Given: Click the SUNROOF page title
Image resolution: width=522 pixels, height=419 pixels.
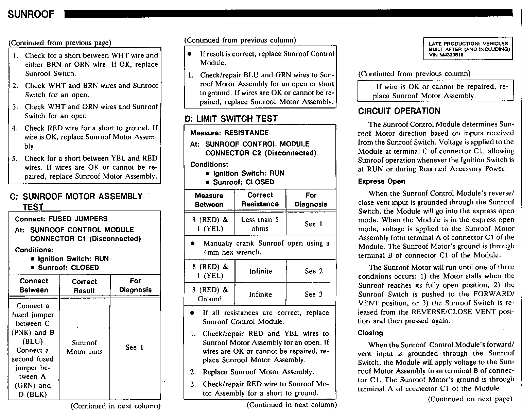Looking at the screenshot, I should click(31, 14).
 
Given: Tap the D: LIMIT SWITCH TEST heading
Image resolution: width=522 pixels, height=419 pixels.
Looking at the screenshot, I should click(231, 119).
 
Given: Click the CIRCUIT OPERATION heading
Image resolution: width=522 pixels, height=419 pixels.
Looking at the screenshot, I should click(399, 111).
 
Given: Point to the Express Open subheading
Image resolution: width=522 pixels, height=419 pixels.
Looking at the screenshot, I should click(381, 181).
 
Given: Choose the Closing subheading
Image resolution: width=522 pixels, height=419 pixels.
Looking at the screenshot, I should click(370, 333).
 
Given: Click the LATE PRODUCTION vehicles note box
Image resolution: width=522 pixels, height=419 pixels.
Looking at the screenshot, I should click(468, 49).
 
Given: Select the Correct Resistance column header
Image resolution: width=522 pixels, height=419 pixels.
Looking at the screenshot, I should click(260, 200).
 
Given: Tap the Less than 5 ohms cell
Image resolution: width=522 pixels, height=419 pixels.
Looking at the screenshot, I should click(260, 224).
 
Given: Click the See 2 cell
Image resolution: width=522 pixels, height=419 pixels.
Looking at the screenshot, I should click(313, 271).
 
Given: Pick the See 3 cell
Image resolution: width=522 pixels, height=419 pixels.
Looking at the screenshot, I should click(313, 294).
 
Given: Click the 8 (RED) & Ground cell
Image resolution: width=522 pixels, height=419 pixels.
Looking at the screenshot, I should click(209, 294).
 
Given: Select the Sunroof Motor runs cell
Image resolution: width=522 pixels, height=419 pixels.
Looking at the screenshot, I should click(84, 347).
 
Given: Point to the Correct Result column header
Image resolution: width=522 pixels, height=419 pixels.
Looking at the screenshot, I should click(84, 286).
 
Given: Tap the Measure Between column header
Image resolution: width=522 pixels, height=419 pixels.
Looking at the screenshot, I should click(209, 200).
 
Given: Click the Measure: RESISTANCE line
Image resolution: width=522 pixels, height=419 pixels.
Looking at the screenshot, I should click(229, 133).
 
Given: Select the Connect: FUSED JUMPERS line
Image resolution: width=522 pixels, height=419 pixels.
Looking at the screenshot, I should click(61, 219).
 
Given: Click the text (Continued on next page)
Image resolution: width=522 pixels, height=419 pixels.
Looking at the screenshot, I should click(470, 399).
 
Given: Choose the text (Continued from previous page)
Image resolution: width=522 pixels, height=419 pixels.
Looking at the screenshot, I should click(60, 43).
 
